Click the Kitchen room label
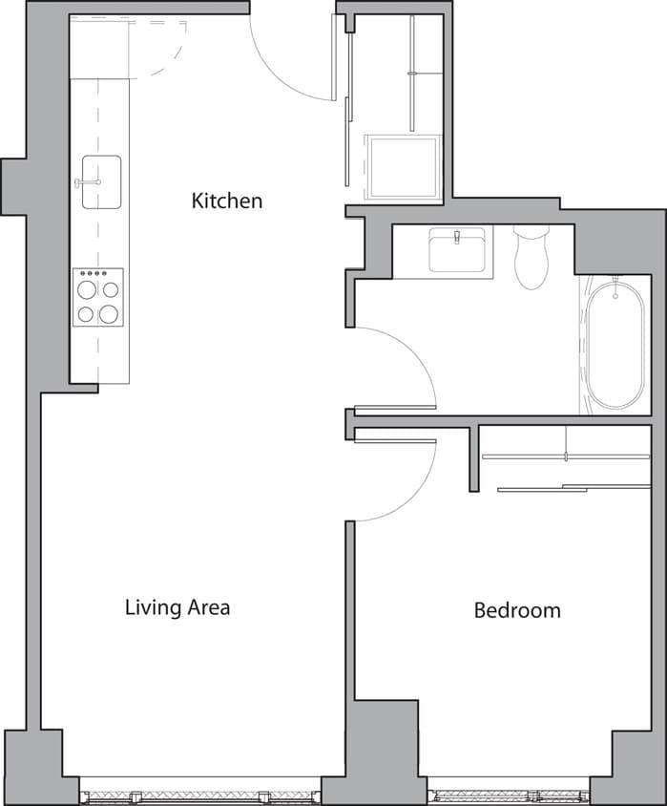coord(226,201)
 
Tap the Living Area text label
coord(177,607)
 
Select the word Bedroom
coord(517,610)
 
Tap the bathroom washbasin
coord(457,251)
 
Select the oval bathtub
coord(615,344)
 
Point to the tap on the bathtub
coord(615,283)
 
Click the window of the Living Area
coord(200,795)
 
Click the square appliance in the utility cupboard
coord(405,167)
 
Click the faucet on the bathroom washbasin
coord(457,234)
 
